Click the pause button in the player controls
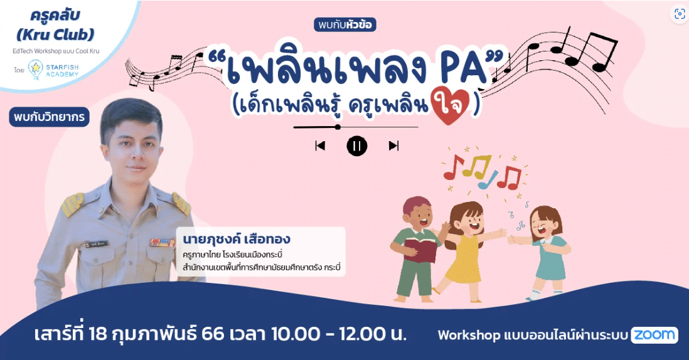pos(357,146)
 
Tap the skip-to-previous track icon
pos(320,146)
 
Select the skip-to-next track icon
pos(393,146)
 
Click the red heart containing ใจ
pos(451,105)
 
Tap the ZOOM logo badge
pos(654,336)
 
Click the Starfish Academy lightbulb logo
pos(35,70)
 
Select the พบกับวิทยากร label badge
pos(49,117)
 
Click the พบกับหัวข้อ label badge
pos(345,25)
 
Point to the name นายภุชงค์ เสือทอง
pos(237,240)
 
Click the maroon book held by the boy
pos(420,250)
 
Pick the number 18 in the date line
pos(97,334)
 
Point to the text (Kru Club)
pos(55,34)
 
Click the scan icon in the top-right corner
pos(680,14)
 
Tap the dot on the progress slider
pos(338,127)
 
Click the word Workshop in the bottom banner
pos(469,336)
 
